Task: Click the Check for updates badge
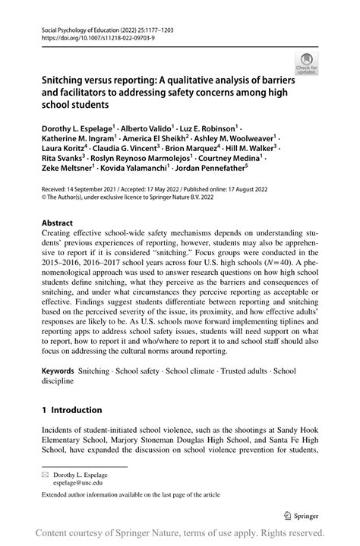(307, 64)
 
